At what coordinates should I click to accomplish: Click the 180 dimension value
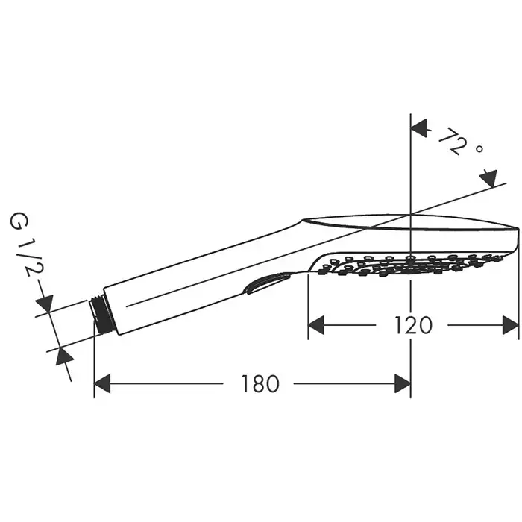click(260, 383)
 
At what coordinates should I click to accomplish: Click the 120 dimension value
click(413, 325)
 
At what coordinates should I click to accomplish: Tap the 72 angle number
click(450, 141)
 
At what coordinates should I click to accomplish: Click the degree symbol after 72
click(479, 148)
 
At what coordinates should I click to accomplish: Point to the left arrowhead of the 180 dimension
click(102, 383)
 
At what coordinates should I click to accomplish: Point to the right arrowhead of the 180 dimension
click(403, 383)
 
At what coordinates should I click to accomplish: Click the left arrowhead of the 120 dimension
click(316, 325)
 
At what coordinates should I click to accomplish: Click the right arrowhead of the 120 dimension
click(511, 325)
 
